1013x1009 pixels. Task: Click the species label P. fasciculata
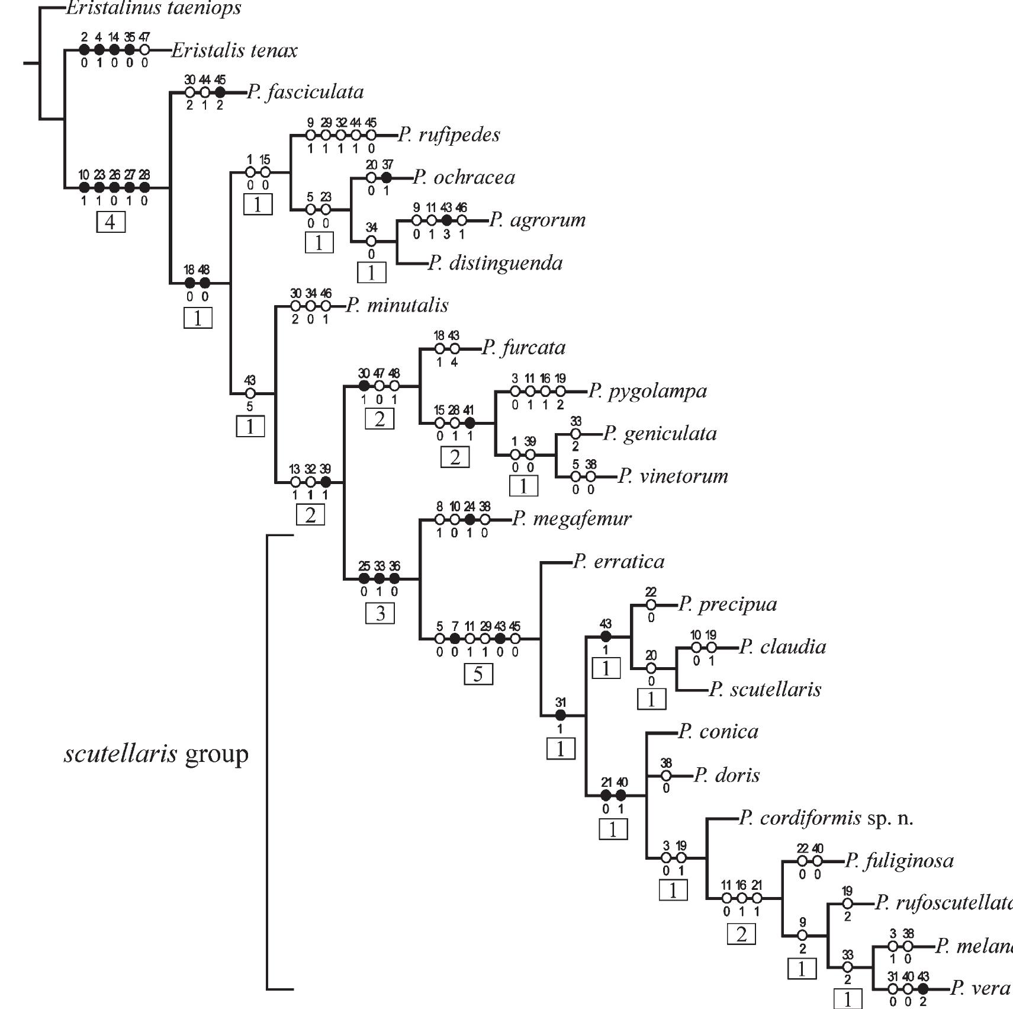(x=305, y=92)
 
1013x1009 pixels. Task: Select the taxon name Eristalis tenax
(x=234, y=51)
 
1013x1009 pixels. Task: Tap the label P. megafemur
(x=572, y=519)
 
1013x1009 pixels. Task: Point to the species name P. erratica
(x=619, y=562)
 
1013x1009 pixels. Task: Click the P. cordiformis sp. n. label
(x=827, y=818)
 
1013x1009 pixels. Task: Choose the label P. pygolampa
(x=648, y=391)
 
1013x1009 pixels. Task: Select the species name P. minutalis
(x=397, y=306)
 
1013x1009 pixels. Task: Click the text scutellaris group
(x=156, y=754)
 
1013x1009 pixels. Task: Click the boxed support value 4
(x=111, y=223)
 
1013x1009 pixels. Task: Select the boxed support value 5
(x=478, y=674)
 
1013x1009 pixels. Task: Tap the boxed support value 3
(x=380, y=613)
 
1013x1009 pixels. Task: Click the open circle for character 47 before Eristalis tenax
(x=144, y=50)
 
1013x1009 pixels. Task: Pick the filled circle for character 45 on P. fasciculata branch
(x=220, y=92)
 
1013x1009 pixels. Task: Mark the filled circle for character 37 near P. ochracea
(x=387, y=177)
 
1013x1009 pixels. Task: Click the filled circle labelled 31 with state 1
(x=560, y=716)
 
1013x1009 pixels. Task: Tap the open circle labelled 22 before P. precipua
(x=651, y=605)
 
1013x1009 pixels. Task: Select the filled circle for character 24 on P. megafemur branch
(x=469, y=520)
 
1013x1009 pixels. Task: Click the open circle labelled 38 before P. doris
(x=666, y=776)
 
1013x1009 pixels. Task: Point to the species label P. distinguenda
(x=496, y=263)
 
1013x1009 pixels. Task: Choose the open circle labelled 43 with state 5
(x=250, y=393)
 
